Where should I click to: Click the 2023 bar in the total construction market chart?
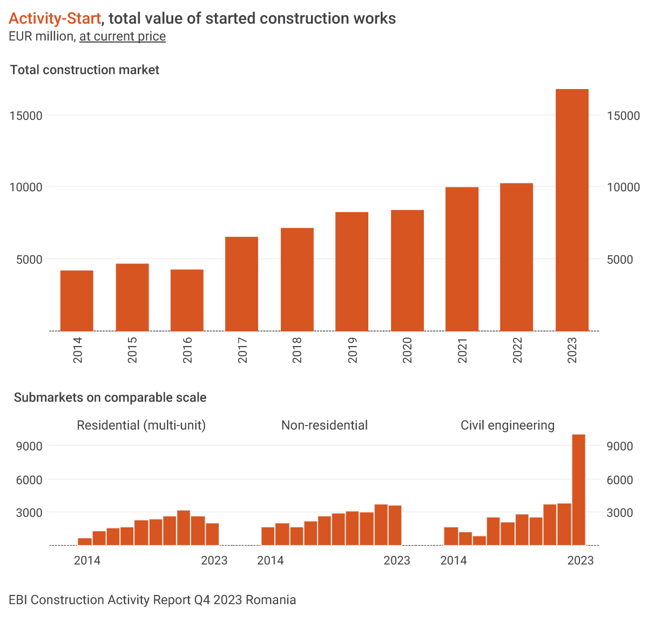[572, 210]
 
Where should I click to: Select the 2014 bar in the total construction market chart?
[77, 301]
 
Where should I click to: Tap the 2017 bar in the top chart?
[241, 284]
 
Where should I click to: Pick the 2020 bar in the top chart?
[407, 270]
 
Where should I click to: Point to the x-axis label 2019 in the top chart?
[352, 350]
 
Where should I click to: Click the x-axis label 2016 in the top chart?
[187, 350]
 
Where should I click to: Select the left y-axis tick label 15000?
[26, 116]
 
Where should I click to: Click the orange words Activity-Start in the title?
[55, 18]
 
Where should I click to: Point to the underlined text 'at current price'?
[123, 36]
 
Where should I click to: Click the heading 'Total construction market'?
[85, 70]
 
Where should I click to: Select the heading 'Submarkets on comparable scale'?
[110, 398]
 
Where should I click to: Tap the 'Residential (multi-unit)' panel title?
[141, 425]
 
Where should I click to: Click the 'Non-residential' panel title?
[325, 425]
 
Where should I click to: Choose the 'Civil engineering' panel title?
[508, 425]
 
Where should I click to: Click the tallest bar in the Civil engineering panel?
[578, 490]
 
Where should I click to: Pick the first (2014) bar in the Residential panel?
[85, 541]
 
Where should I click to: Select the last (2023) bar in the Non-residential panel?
[395, 525]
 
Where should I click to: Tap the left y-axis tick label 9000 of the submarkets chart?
[29, 446]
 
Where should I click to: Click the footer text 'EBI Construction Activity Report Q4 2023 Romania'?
[152, 600]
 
